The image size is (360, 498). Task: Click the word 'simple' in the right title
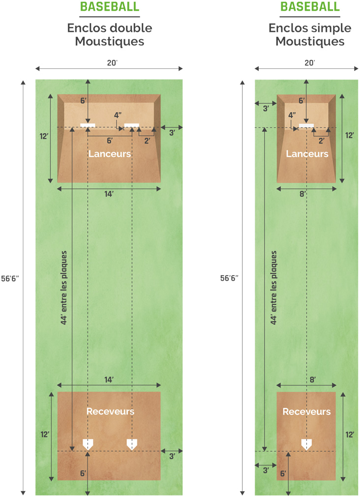click(331, 29)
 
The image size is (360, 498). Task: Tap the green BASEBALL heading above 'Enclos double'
click(110, 7)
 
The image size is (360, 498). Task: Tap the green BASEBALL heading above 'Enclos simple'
click(310, 7)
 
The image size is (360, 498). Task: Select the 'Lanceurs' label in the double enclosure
click(110, 154)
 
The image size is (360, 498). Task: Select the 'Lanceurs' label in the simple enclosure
click(307, 154)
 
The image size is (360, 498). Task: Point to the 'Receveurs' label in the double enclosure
click(110, 411)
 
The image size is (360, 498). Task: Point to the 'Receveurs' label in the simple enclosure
click(306, 411)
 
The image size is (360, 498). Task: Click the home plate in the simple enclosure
click(306, 444)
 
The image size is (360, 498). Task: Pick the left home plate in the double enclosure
click(88, 444)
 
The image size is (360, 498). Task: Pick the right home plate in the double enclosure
click(132, 444)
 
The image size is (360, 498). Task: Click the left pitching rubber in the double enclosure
click(88, 125)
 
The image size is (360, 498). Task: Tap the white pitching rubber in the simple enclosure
click(306, 125)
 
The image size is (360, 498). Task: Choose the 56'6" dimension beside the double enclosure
click(10, 279)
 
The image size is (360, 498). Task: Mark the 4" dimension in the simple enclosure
click(292, 115)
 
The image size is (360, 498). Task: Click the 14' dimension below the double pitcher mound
click(109, 194)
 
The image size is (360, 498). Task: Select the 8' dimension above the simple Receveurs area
click(313, 380)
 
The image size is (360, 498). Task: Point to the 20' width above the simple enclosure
click(309, 63)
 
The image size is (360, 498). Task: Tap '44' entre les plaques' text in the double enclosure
click(64, 288)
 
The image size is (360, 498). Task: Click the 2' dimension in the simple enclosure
click(321, 141)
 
